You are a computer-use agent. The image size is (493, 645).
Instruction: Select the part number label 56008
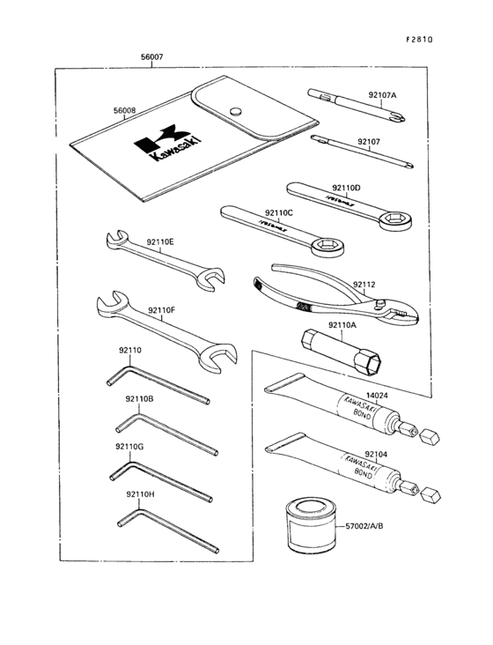tap(124, 111)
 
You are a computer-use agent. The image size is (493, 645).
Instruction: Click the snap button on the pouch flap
tap(235, 110)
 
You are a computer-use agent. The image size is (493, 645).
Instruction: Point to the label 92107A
tap(382, 94)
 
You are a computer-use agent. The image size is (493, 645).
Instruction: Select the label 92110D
tap(346, 188)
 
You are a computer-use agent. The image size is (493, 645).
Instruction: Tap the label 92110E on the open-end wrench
tap(160, 241)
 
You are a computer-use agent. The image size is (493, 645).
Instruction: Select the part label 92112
tap(364, 284)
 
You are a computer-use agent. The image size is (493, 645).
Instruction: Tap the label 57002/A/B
tap(364, 526)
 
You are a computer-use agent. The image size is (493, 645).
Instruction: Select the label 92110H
tap(140, 494)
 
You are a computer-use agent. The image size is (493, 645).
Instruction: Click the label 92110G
tap(129, 447)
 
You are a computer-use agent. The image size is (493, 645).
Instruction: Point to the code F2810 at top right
tap(420, 39)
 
